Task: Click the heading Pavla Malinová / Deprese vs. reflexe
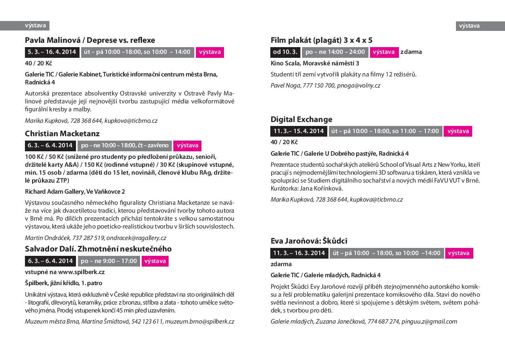[90, 40]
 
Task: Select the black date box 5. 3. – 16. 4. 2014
[52, 52]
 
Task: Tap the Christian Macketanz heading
[62, 133]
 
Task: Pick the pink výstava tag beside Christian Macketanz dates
[188, 145]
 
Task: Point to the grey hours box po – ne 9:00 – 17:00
[109, 261]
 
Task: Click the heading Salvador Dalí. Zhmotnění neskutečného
[98, 249]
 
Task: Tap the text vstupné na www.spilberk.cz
[65, 272]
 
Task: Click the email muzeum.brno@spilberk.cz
[199, 322]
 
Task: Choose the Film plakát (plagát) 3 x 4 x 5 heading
[321, 40]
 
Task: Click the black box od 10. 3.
[285, 52]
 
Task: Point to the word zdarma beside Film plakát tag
[411, 52]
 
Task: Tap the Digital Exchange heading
[301, 119]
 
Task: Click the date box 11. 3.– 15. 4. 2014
[298, 131]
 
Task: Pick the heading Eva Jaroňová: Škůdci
[309, 241]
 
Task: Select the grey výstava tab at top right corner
[469, 26]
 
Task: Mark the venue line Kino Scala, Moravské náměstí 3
[315, 63]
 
